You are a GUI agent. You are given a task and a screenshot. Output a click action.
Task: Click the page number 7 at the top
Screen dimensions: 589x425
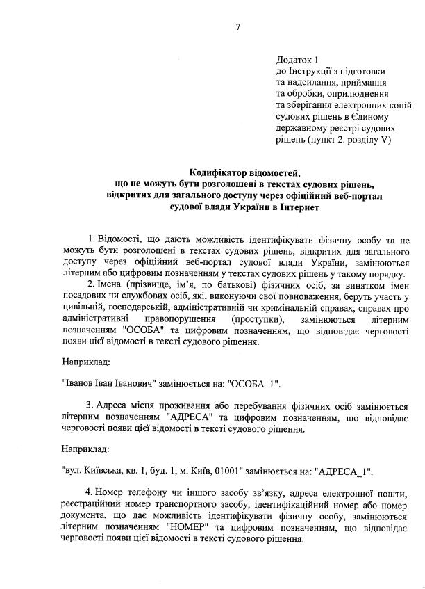point(238,27)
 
